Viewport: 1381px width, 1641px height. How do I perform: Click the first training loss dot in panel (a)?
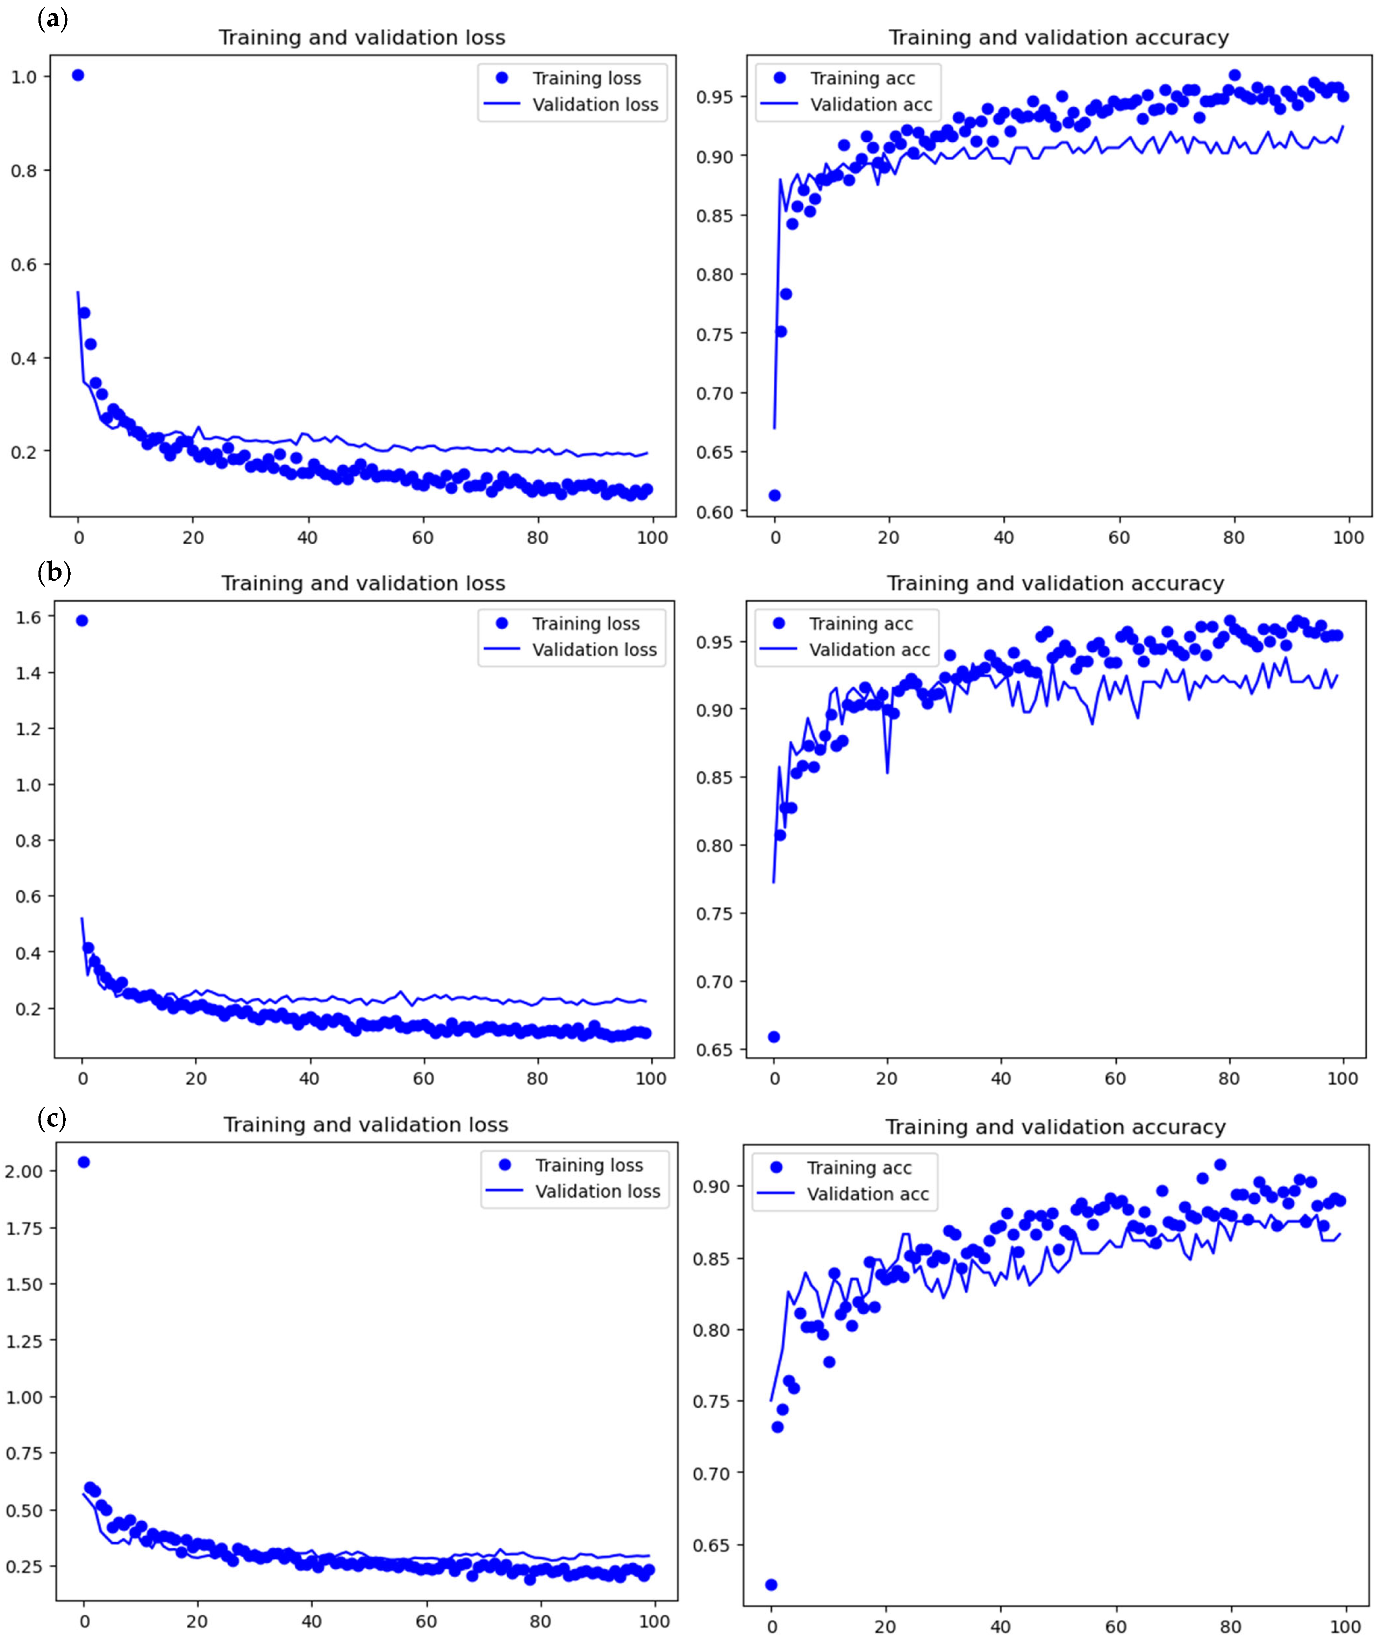[78, 75]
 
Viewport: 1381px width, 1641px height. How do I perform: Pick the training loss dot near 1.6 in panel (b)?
[81, 620]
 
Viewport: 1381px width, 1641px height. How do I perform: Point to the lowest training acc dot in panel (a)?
[774, 495]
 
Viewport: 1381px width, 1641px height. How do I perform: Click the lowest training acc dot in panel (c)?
[771, 1585]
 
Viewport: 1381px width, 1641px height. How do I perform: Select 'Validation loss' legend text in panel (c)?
[598, 1191]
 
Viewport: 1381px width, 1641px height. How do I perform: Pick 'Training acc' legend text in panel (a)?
[862, 78]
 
